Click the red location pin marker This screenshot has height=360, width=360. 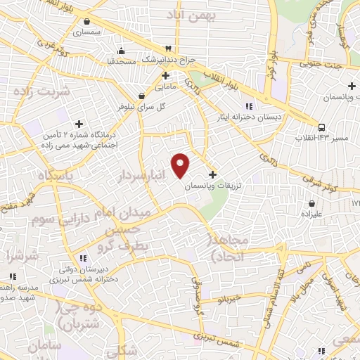[x=181, y=165]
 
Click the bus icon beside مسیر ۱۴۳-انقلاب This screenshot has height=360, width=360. [x=321, y=127]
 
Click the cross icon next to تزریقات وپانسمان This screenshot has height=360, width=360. [x=213, y=174]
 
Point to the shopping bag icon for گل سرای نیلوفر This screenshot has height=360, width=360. [x=142, y=96]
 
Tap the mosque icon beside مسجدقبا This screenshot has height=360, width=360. [x=123, y=50]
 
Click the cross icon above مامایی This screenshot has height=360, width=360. [x=166, y=75]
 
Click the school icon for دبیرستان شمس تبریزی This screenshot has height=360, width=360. [x=82, y=257]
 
